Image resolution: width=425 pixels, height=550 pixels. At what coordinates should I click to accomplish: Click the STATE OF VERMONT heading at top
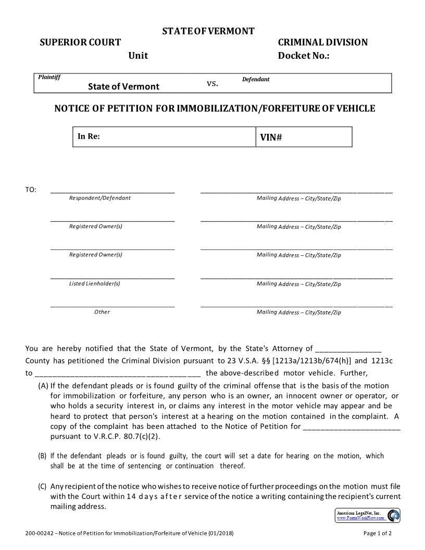tap(208, 31)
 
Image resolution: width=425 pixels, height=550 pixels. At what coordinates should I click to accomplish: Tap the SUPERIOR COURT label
tap(80, 43)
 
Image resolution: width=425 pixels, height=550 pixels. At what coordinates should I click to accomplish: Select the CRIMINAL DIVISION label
tap(322, 43)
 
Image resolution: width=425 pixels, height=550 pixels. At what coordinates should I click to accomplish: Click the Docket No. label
tap(304, 56)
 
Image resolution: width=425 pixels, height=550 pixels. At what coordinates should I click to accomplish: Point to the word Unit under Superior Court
tap(138, 56)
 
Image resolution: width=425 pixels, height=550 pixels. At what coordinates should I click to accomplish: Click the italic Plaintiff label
tap(49, 78)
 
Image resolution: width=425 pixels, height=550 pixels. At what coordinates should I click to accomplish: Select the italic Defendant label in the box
tap(256, 80)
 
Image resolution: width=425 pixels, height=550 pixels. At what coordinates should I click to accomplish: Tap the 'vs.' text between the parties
tap(213, 83)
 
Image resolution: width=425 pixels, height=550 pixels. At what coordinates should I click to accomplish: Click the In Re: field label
tap(89, 136)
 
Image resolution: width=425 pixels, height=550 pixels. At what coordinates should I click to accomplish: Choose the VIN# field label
tap(271, 137)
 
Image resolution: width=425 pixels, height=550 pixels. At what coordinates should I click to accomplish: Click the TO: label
tap(31, 190)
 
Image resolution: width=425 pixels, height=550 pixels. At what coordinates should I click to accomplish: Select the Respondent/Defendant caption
tap(100, 198)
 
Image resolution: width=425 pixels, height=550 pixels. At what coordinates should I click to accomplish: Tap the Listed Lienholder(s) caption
tap(95, 283)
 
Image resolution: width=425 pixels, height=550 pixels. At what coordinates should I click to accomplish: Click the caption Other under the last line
tap(102, 312)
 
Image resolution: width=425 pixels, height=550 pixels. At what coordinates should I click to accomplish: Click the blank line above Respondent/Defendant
tap(113, 192)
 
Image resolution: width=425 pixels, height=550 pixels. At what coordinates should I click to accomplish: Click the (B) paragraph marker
tap(42, 456)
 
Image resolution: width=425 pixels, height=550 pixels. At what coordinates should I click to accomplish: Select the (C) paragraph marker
tap(42, 486)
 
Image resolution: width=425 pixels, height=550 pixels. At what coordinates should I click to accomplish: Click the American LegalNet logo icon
tap(394, 516)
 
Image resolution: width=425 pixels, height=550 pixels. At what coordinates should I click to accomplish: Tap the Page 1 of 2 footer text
tap(377, 534)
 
